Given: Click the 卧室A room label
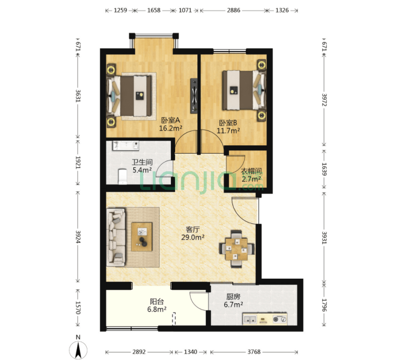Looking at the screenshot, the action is coord(171,120).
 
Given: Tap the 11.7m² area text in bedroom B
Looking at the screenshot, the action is coord(228,130).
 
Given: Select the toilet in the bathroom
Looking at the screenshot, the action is coord(122,176).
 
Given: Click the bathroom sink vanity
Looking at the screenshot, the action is coord(126,146).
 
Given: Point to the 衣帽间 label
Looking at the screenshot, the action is coord(251,171).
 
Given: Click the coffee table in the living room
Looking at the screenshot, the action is coord(142,236).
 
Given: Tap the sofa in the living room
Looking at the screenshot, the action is coord(116,237).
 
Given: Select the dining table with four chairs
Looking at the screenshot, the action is coord(236,249).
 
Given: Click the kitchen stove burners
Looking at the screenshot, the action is coord(280,319).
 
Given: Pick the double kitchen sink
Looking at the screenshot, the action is coord(250,319).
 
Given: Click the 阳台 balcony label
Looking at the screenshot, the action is coord(157,302).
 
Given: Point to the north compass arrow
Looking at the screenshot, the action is coord(78,350).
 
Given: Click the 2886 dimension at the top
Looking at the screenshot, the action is coord(234,10).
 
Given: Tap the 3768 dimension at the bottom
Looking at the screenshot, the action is coord(254,352).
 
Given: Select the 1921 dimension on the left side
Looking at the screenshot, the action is coord(78,162).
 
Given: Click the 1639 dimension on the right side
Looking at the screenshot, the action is coord(324,169).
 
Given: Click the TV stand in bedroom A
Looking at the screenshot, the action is coord(194,96).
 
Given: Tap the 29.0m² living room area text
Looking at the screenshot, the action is coord(193,237).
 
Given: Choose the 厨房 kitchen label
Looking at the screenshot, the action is coord(233,296).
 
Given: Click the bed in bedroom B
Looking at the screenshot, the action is coord(244,90).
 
